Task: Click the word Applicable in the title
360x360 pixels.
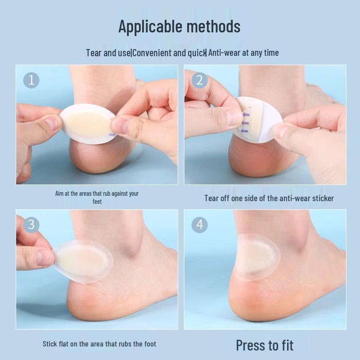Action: [147, 27]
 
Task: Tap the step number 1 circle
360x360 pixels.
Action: [31, 81]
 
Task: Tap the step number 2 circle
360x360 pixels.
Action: [200, 81]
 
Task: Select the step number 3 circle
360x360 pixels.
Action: [31, 225]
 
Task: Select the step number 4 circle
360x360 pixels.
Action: [200, 225]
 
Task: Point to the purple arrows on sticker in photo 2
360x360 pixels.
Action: [245, 121]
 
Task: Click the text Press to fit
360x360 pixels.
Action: [265, 345]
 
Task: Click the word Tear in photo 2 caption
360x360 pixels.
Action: [211, 198]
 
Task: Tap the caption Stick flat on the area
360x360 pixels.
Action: [99, 344]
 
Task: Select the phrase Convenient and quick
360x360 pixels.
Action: [169, 53]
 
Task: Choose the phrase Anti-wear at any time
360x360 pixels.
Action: [243, 53]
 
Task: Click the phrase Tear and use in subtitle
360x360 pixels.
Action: [108, 53]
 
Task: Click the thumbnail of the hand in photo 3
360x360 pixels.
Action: [45, 257]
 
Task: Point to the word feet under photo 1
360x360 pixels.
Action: [97, 202]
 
